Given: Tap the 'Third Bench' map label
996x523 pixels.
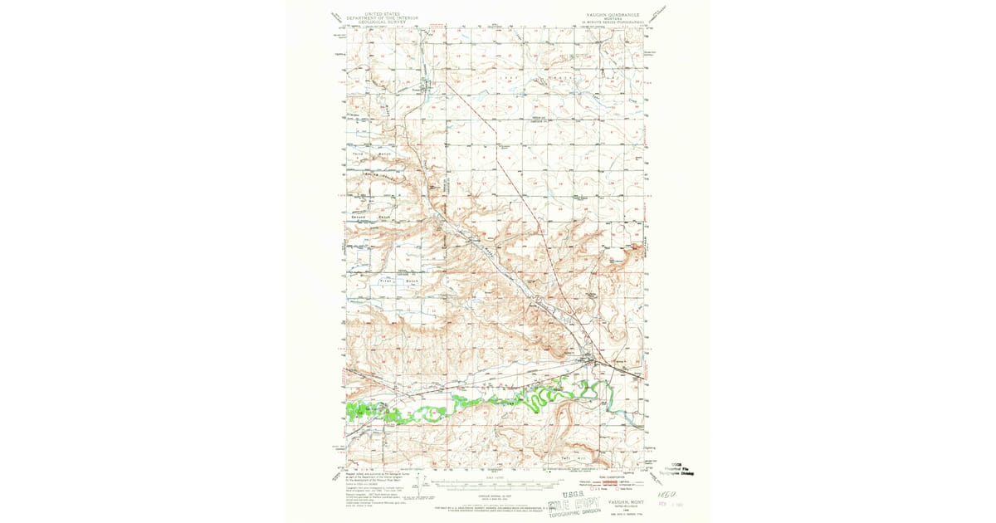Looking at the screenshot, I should pos(371,155).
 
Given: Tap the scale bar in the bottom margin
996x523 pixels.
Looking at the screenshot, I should pos(498,479).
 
